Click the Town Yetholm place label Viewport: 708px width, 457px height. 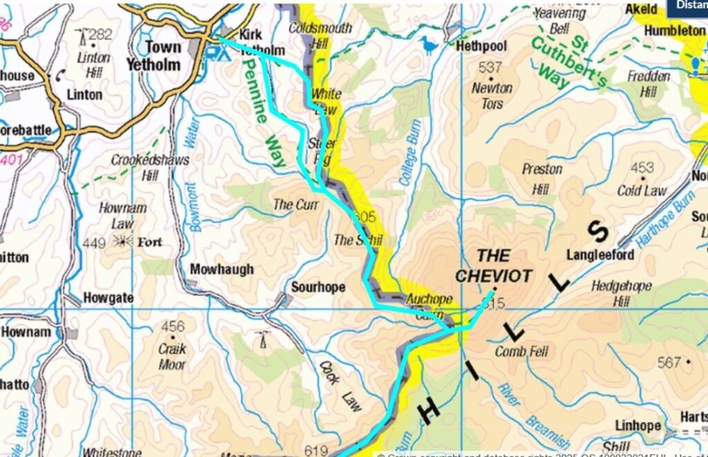pyautogui.click(x=153, y=56)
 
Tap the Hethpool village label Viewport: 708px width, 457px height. pyautogui.click(x=481, y=46)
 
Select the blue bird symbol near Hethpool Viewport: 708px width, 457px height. pyautogui.click(x=429, y=46)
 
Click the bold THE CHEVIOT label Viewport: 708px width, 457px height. pyautogui.click(x=494, y=266)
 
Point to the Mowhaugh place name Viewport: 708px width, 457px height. pyautogui.click(x=221, y=269)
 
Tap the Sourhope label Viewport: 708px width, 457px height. pyautogui.click(x=317, y=287)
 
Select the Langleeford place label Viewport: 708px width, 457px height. pyautogui.click(x=600, y=256)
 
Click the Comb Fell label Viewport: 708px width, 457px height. pyautogui.click(x=521, y=352)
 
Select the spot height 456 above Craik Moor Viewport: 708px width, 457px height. pyautogui.click(x=173, y=327)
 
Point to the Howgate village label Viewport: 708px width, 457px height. pyautogui.click(x=108, y=298)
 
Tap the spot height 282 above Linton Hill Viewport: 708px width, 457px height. pyautogui.click(x=100, y=35)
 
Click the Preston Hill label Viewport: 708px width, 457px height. pyautogui.click(x=542, y=178)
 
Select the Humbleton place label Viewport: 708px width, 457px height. pyautogui.click(x=674, y=31)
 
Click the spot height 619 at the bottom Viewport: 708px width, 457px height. pyautogui.click(x=316, y=451)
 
